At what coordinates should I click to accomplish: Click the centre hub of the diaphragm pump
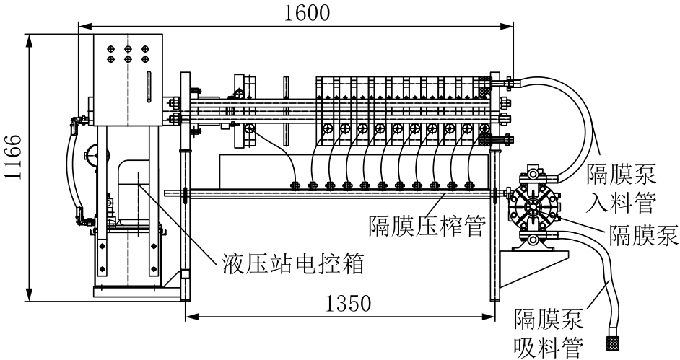(x=533, y=206)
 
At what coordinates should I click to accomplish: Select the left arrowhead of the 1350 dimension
(x=189, y=315)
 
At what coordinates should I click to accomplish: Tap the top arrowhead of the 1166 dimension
(x=30, y=36)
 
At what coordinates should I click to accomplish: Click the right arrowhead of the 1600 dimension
(x=510, y=26)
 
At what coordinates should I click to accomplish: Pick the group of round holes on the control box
(x=128, y=53)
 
